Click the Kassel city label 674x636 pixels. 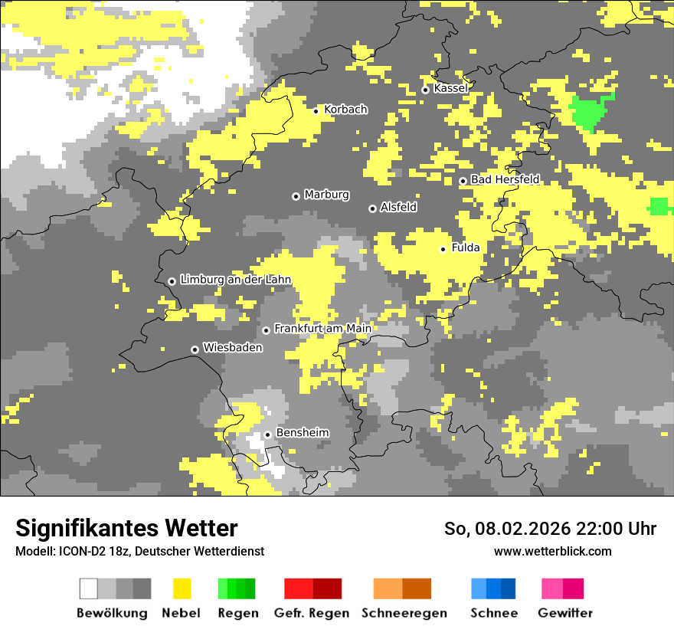tap(450, 88)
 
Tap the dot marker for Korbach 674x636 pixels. tap(316, 111)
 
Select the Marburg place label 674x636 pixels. tap(326, 195)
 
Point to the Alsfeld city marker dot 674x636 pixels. tap(372, 208)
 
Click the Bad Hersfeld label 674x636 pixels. tap(505, 179)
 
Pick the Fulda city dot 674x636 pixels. tap(443, 249)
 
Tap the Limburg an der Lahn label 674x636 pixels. tap(235, 280)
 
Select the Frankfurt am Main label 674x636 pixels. tap(322, 329)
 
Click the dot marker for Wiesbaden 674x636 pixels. tap(195, 349)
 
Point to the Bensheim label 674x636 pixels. tap(303, 433)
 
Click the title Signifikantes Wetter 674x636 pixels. tap(126, 528)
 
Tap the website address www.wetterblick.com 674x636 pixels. tap(552, 551)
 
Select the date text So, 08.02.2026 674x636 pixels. tap(505, 529)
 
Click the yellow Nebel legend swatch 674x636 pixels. tap(182, 588)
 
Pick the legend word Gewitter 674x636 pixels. tap(565, 613)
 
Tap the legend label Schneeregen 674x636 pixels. tap(404, 613)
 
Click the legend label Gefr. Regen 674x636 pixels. tap(312, 613)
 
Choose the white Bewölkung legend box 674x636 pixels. tap(89, 588)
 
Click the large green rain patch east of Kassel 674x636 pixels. tap(591, 112)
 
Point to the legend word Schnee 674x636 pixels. tap(494, 613)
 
